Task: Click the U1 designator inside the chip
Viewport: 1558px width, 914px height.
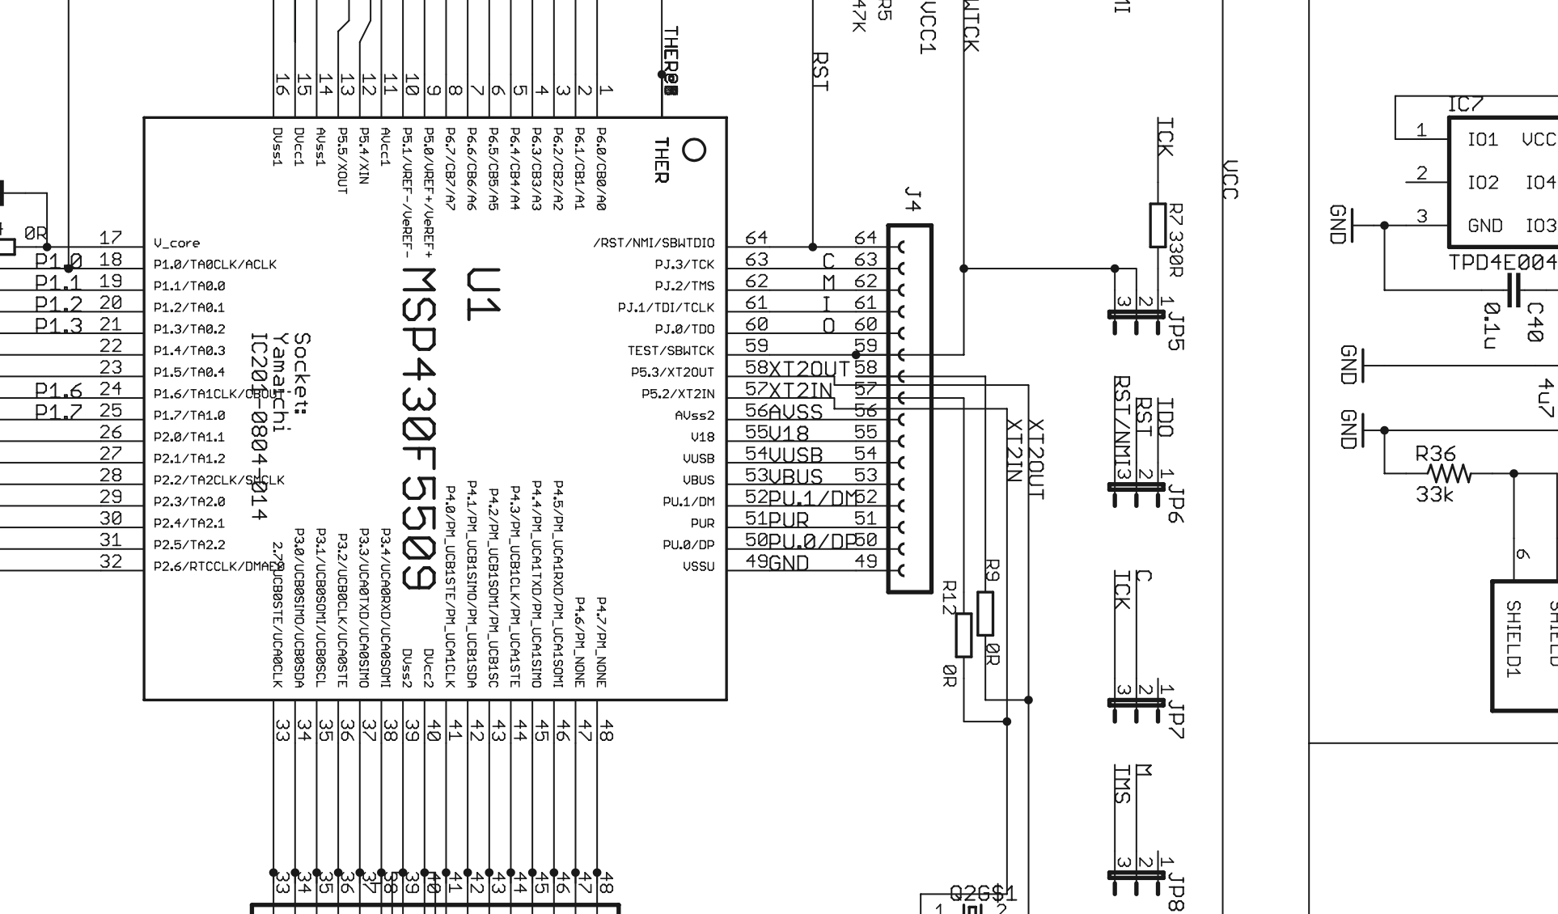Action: pos(482,294)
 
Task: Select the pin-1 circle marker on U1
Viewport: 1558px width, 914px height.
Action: pos(694,150)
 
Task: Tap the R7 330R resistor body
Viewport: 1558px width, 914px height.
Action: pos(1158,225)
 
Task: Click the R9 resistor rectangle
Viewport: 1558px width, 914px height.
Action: pos(985,613)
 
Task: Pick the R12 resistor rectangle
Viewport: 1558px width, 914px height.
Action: pos(963,635)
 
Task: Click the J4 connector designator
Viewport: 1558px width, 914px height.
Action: pos(912,199)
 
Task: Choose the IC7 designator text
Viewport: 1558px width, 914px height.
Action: pos(1465,105)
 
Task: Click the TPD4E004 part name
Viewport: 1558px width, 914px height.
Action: pos(1502,262)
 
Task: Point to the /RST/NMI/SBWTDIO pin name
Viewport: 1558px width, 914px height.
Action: pos(654,243)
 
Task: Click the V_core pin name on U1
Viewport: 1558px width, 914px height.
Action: pos(176,243)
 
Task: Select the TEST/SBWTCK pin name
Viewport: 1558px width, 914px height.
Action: pos(671,351)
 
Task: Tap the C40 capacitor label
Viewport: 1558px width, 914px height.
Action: pos(1535,322)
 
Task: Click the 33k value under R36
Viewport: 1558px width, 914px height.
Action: pos(1435,494)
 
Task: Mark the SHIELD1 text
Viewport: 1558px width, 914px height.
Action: pos(1514,638)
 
